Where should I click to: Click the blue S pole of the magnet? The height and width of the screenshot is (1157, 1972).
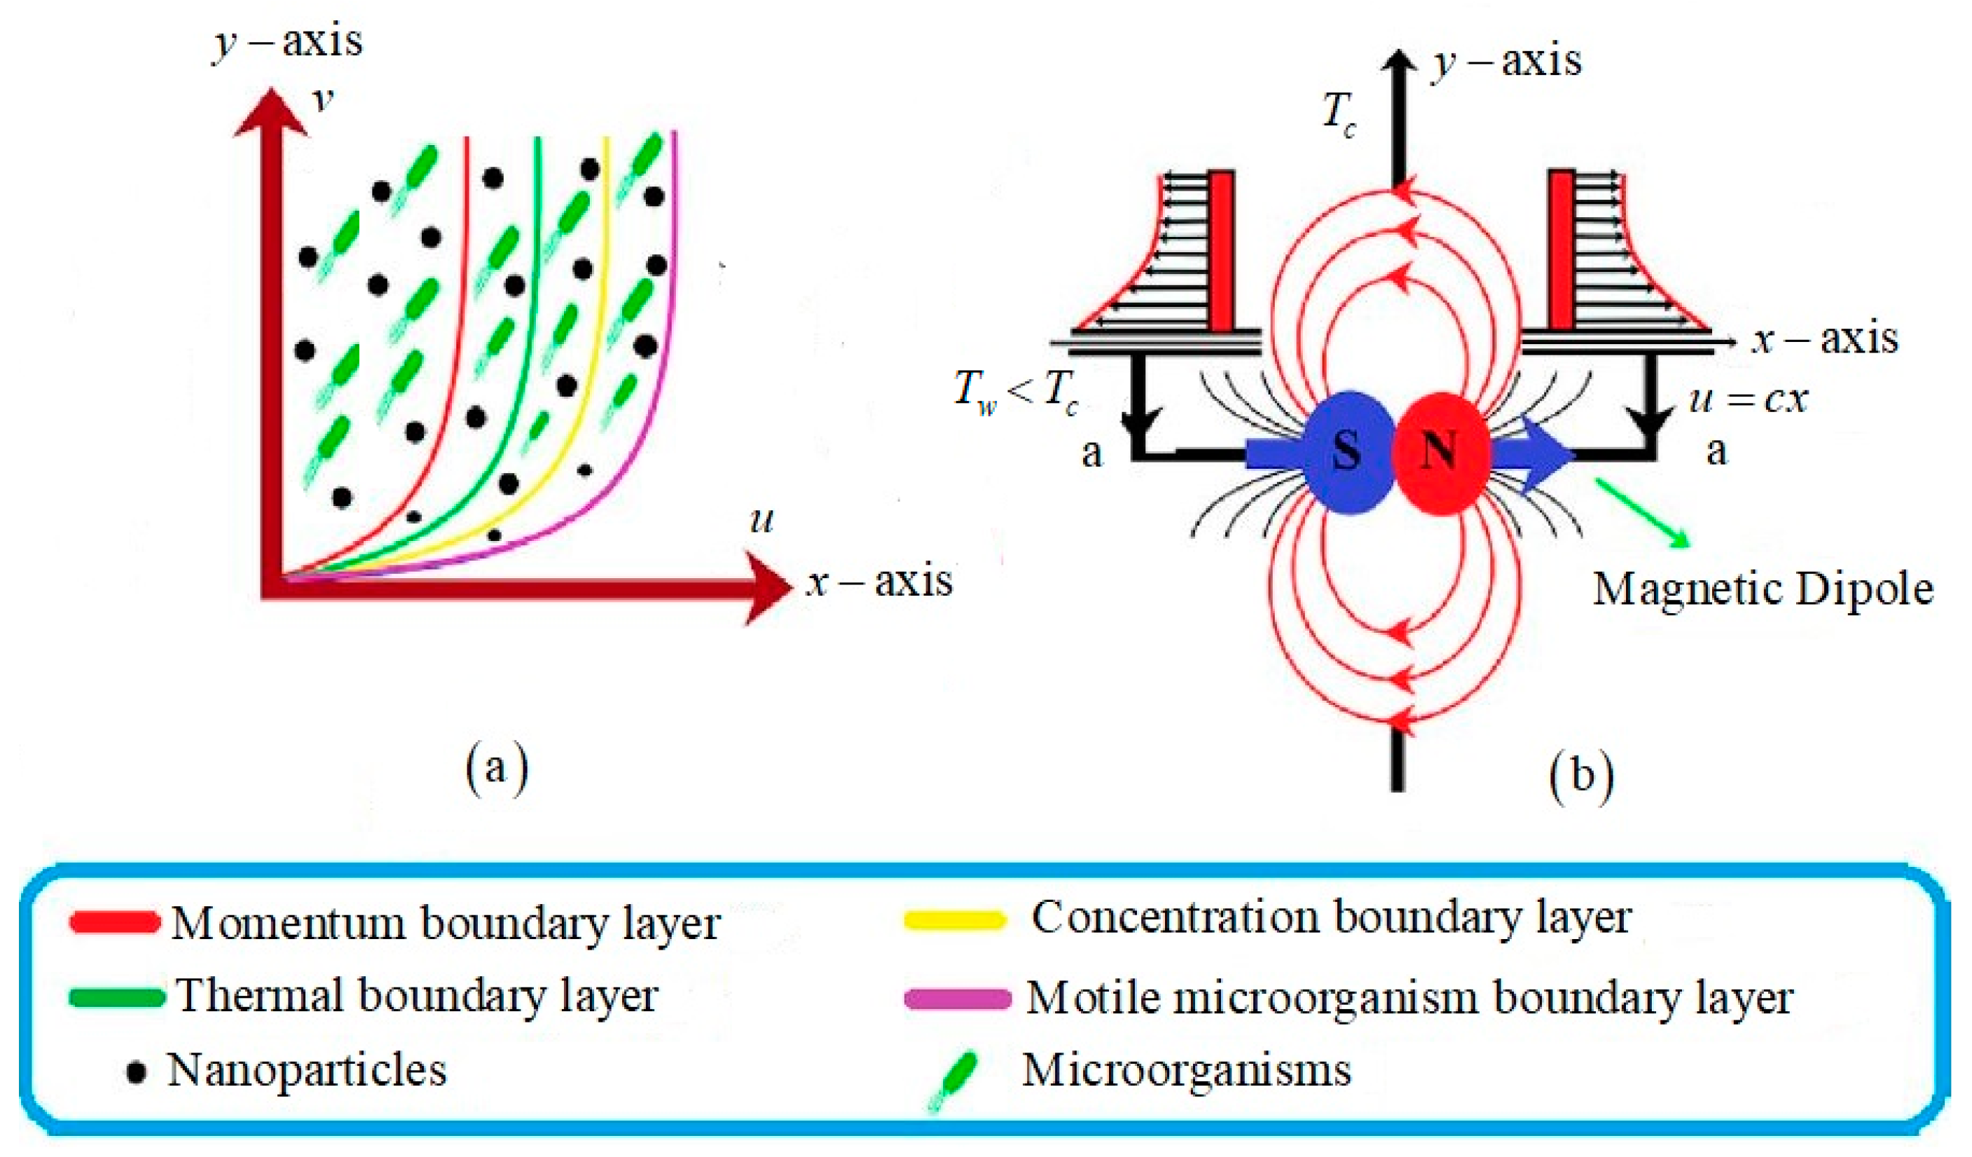tap(1348, 453)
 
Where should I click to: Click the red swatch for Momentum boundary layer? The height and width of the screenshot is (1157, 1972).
tap(115, 922)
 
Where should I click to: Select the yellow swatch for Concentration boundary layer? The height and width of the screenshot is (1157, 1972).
tap(954, 920)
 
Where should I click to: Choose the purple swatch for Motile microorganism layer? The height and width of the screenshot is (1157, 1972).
tap(956, 999)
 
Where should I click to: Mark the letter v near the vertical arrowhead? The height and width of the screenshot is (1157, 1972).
tap(322, 100)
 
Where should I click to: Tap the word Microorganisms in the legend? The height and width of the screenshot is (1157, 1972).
tap(1186, 1070)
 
